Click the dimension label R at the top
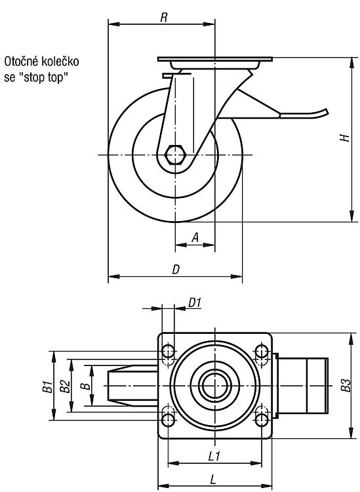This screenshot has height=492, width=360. pos(164,18)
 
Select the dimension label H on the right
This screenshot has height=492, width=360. pos(345,138)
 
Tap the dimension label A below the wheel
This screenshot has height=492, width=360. pos(195,237)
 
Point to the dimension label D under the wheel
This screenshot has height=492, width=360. pos(176,270)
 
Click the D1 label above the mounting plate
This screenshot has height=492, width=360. pos(194,303)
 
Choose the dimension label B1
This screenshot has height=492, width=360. pos(47,386)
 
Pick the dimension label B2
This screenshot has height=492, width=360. pos(65,386)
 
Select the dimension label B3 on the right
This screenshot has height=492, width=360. pos(346,385)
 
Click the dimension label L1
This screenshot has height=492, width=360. pos(214,456)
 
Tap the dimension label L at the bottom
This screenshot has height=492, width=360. pos(214,479)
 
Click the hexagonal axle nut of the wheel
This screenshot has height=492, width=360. pos(175,155)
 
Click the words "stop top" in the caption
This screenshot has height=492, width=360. pos(47,77)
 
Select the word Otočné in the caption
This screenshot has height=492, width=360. pos(21,62)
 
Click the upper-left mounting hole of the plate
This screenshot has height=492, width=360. pos(169,351)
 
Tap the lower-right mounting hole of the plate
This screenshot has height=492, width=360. pos(261,420)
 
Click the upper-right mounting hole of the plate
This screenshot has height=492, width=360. pos(261,351)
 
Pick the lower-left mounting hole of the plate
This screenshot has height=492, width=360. pos(169,420)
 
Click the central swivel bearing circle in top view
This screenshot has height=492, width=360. pos(215,385)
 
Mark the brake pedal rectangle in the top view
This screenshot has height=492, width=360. pos(303,386)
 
